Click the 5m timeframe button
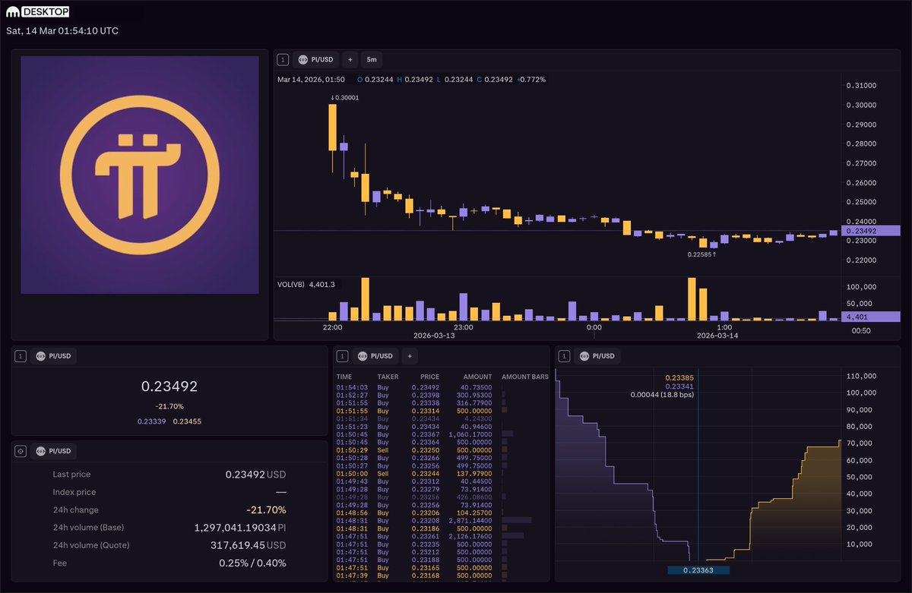coord(372,59)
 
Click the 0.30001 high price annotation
coord(345,97)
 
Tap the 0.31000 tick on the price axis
coord(861,86)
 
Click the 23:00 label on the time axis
coord(463,327)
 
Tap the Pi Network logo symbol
coord(139,174)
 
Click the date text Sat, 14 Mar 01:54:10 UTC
coord(62,31)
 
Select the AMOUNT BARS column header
coord(524,377)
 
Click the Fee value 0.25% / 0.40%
coord(248,563)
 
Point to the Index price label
coord(74,492)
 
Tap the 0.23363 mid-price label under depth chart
coord(698,570)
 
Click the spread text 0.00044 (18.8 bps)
coord(661,395)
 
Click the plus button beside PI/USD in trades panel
coord(409,356)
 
